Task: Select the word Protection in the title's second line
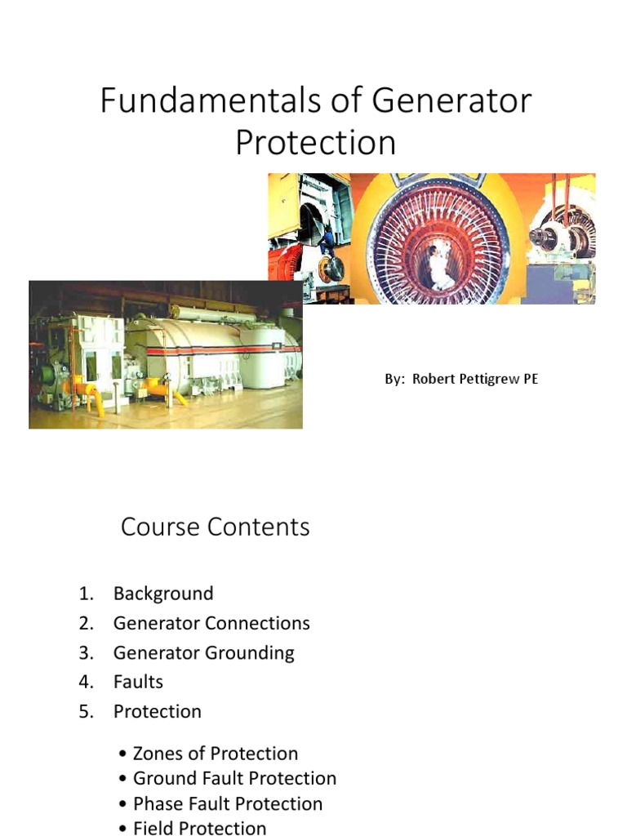point(315,142)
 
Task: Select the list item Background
point(163,594)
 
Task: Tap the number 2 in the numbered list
point(87,623)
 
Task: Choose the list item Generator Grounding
point(203,652)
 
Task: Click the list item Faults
point(138,682)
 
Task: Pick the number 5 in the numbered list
point(87,711)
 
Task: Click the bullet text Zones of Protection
point(216,754)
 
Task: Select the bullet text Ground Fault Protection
point(234,779)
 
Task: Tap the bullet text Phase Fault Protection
point(228,804)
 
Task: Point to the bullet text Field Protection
point(199,828)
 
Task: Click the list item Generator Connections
point(211,623)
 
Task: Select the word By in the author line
point(394,380)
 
